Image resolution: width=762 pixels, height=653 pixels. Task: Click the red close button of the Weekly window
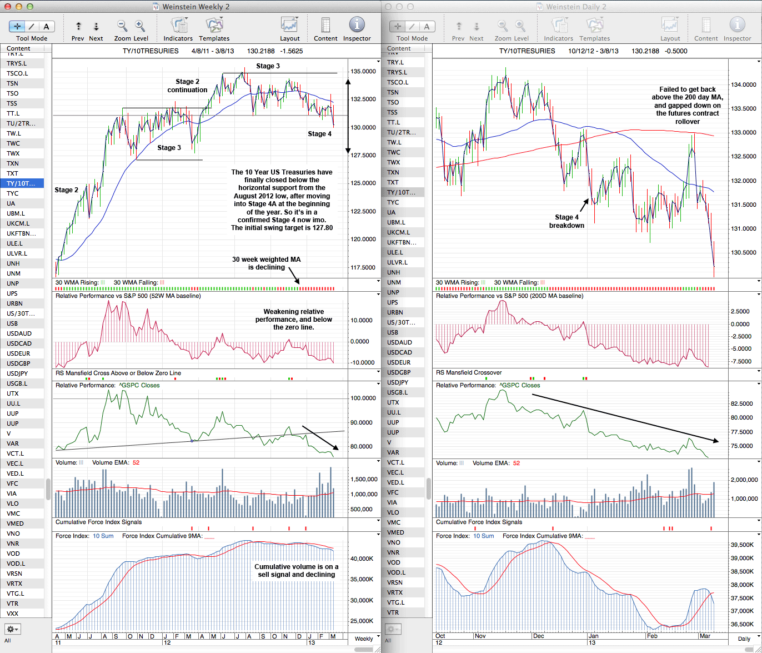coord(7,7)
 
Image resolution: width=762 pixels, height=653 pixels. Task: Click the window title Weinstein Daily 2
coord(576,7)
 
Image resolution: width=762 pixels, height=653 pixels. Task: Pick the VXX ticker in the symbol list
coord(12,614)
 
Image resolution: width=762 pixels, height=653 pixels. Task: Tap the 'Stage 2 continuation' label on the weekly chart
coord(187,86)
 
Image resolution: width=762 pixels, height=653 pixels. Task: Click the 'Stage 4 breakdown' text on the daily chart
coord(567,221)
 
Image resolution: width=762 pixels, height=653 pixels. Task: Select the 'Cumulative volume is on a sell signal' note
coord(297,571)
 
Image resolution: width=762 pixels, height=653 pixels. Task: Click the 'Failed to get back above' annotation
coord(688,105)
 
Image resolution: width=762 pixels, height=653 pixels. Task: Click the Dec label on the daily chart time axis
coord(538,635)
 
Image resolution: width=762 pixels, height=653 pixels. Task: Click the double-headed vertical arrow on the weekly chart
coord(348,116)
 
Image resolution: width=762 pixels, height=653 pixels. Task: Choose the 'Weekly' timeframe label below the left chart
coord(364,639)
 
